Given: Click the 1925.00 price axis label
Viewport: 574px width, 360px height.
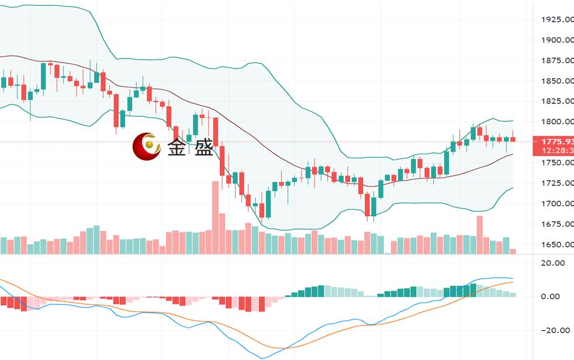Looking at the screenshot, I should tap(557, 19).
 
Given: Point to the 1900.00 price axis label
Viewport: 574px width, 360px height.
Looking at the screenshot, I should tap(557, 40).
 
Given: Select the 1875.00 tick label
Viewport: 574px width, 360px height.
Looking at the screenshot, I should tap(557, 60).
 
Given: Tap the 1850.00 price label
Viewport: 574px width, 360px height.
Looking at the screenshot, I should tap(557, 81).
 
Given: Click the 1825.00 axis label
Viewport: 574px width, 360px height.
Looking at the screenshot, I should tap(557, 101).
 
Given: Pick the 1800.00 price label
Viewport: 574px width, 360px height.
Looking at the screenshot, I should tap(557, 122).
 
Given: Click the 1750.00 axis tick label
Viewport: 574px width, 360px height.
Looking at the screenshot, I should tap(557, 162).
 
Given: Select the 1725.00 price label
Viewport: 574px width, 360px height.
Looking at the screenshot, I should tap(557, 183).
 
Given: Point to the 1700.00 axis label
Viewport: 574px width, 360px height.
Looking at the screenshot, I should tap(557, 203).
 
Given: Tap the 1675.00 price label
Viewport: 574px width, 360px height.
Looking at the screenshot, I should tap(557, 224).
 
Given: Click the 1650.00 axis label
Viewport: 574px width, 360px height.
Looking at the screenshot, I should tap(557, 244).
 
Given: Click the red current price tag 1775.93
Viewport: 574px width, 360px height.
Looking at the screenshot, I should tap(557, 141).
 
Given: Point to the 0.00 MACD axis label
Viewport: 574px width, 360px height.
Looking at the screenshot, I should tap(551, 296).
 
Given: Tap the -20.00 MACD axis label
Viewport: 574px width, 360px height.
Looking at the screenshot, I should tap(552, 330).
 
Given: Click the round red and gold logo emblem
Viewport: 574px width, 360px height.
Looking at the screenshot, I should tap(147, 146).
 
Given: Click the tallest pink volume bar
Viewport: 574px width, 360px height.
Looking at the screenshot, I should tap(215, 217).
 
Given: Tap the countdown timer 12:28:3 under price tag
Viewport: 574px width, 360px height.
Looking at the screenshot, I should tap(557, 151).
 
